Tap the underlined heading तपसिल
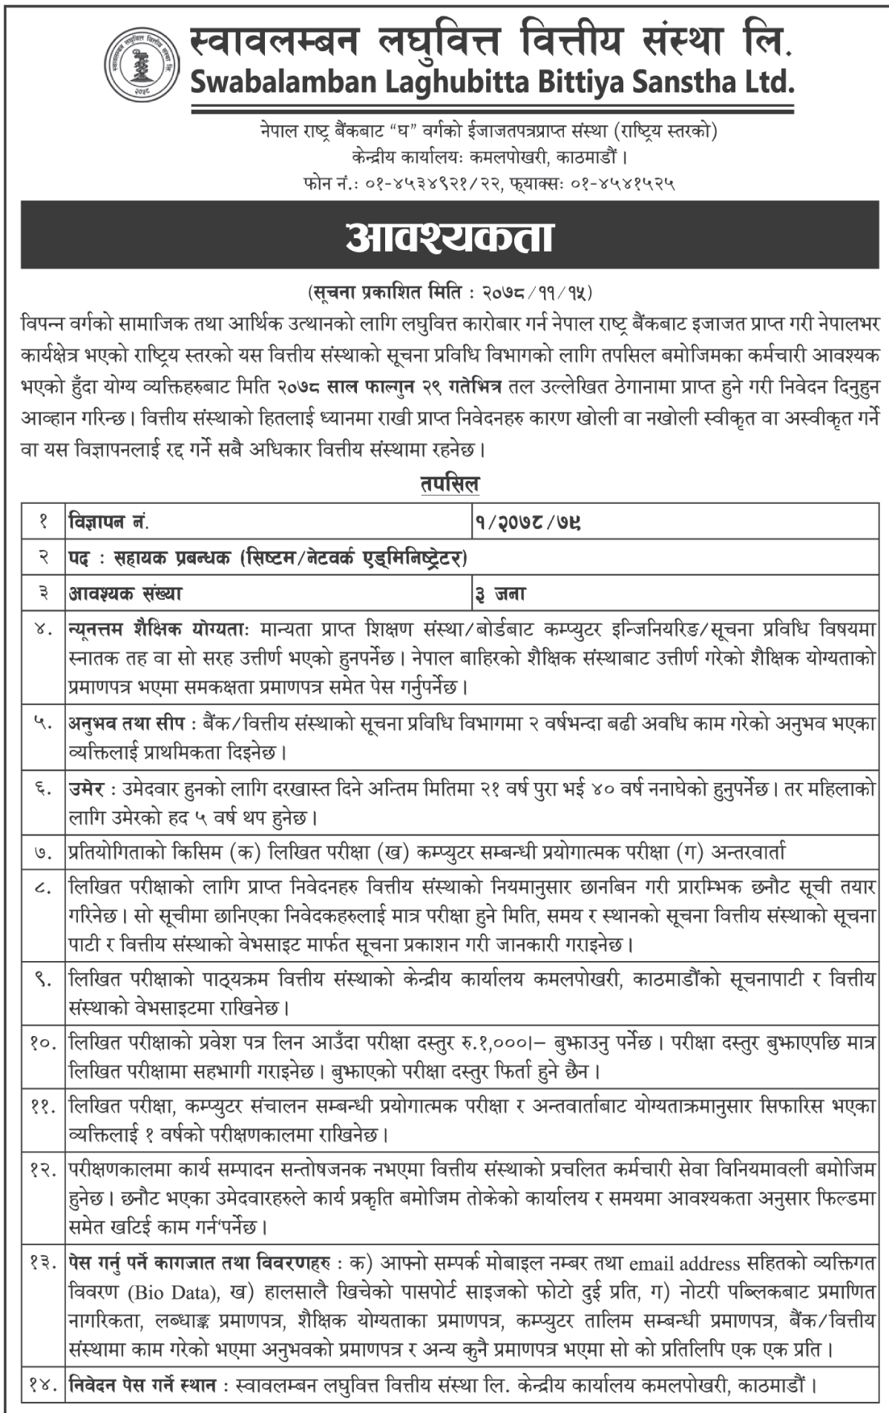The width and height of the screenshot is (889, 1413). point(450,485)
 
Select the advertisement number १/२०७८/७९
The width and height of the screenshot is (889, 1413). point(528,522)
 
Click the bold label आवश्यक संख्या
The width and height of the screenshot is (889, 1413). point(125,593)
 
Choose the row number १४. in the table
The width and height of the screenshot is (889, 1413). point(42,1385)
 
